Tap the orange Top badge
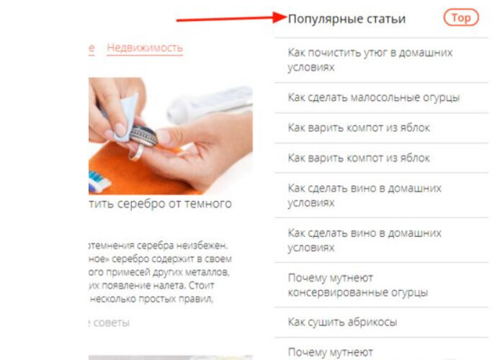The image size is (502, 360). coord(460,18)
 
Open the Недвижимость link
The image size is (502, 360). coord(145,48)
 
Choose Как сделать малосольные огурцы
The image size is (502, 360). coord(373,96)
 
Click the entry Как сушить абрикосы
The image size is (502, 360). coord(342,322)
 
